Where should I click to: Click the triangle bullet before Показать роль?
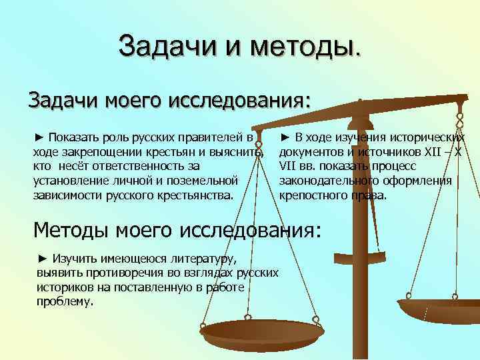(x=38, y=138)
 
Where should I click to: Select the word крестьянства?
(x=197, y=195)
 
